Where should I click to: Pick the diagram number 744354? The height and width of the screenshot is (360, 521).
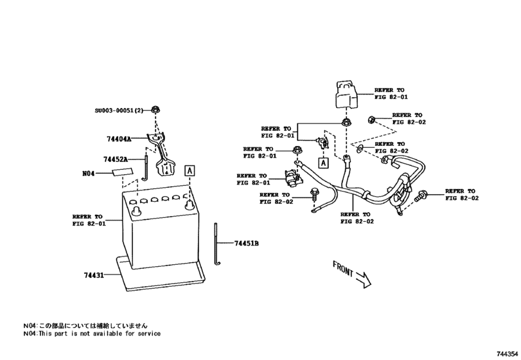pos(507,354)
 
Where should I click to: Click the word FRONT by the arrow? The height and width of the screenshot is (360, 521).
pos(344,269)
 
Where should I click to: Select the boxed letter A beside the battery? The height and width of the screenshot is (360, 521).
pos(190,170)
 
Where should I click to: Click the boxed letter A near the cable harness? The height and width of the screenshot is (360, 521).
pos(323,161)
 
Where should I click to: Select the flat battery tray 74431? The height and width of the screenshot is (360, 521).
pos(161,273)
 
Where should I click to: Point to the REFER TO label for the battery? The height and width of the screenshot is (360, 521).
pos(88,220)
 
